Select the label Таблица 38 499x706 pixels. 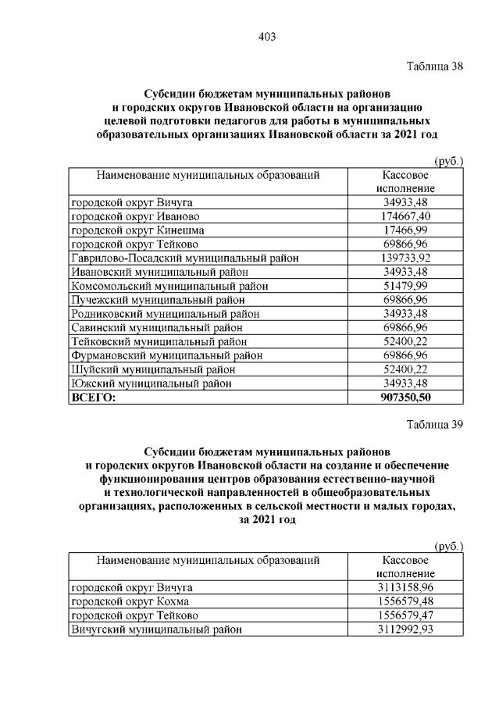click(435, 66)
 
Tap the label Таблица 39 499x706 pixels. click(435, 425)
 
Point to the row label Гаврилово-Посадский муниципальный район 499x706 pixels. click(185, 258)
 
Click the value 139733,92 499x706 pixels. click(405, 258)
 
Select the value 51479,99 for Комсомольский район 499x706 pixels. click(405, 286)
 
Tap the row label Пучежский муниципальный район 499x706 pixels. click(153, 300)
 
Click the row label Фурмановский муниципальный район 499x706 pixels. click(166, 355)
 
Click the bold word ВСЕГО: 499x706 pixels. click(93, 398)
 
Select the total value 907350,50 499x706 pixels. click(405, 398)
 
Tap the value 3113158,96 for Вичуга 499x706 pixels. click(405, 587)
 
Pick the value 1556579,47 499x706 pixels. click(405, 615)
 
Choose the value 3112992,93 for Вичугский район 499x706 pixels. click(405, 629)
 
